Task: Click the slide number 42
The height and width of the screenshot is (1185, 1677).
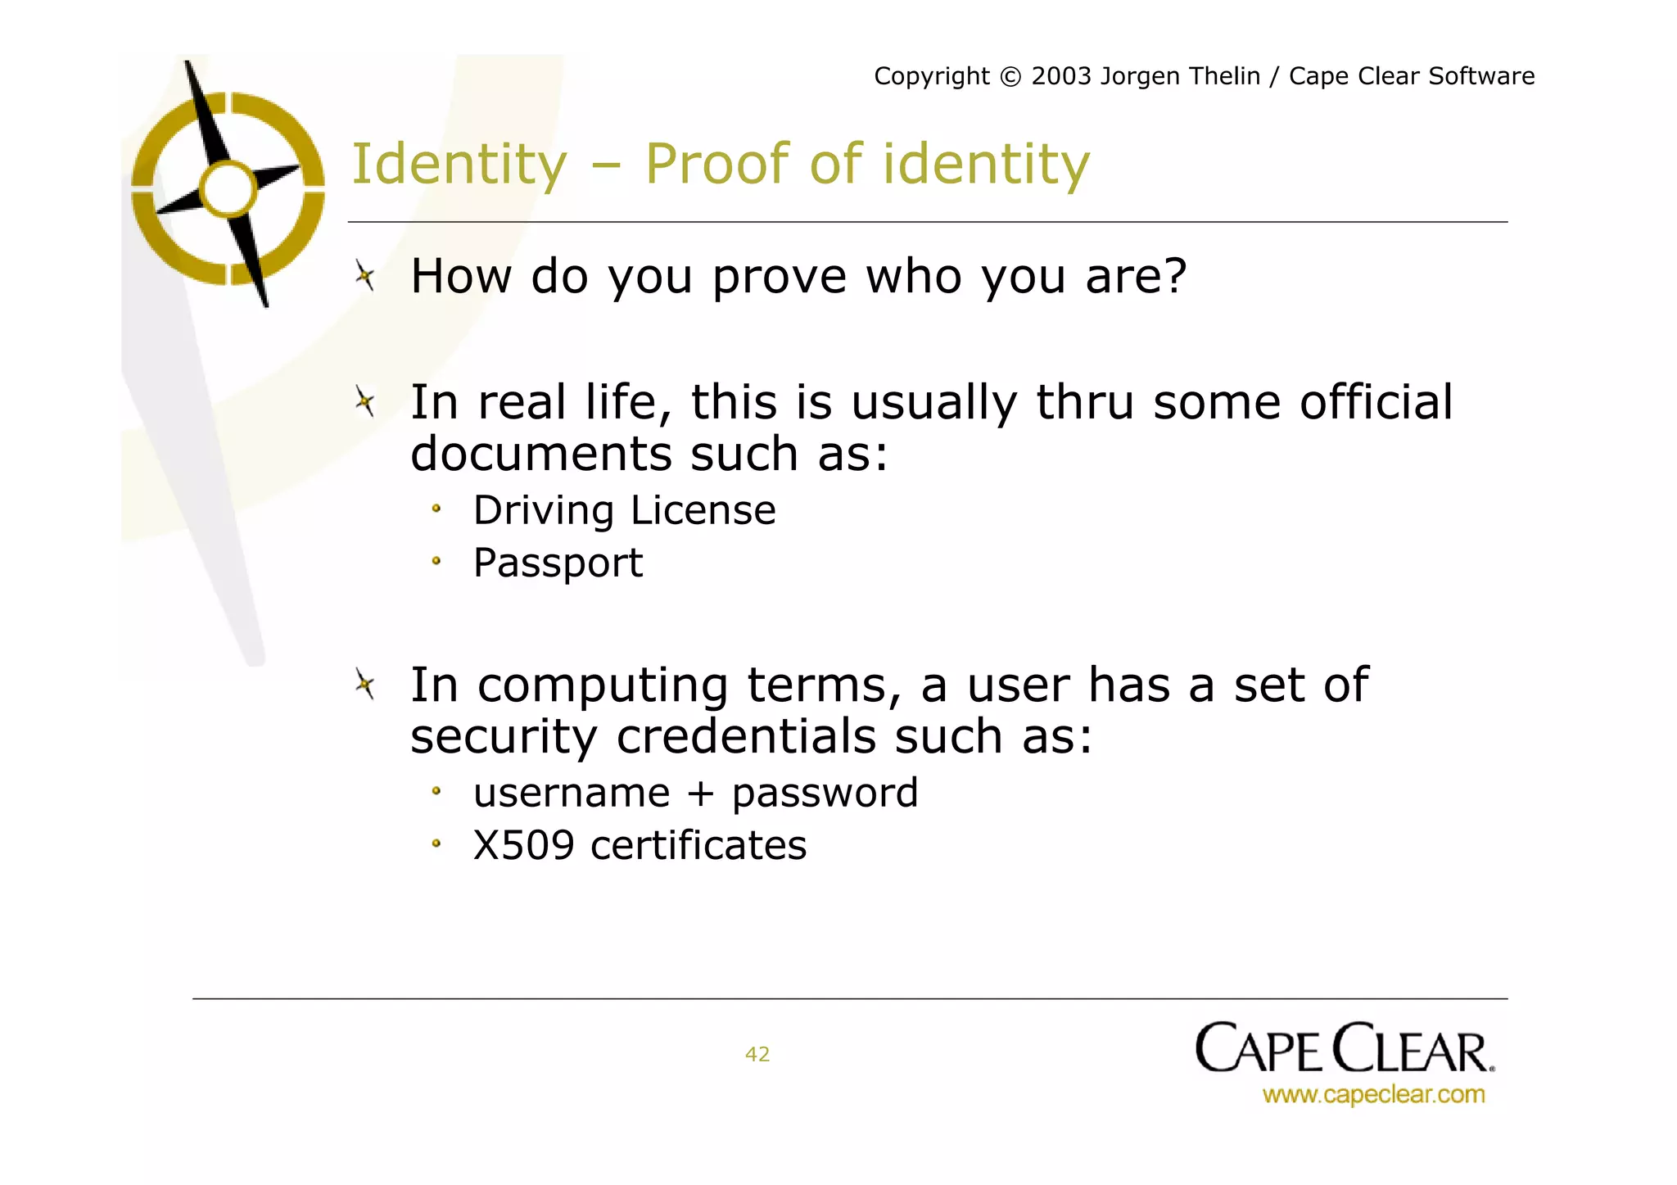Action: pyautogui.click(x=757, y=1054)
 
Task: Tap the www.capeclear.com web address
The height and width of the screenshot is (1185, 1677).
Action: pyautogui.click(x=1373, y=1094)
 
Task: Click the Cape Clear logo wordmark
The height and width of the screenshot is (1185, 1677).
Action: pyautogui.click(x=1344, y=1048)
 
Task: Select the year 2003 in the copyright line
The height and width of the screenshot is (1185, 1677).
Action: pyautogui.click(x=1061, y=76)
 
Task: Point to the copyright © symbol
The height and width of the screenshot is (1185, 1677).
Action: pyautogui.click(x=1010, y=77)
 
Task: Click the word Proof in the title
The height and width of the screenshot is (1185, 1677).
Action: pyautogui.click(x=717, y=164)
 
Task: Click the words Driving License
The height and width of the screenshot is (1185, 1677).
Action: pyautogui.click(x=624, y=511)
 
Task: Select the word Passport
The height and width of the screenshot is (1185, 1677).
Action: pyautogui.click(x=558, y=563)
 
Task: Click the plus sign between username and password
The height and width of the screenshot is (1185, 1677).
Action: pyautogui.click(x=700, y=794)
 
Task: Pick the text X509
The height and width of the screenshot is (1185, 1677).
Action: pyautogui.click(x=523, y=845)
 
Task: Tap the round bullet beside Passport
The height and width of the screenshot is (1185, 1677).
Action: pyautogui.click(x=436, y=562)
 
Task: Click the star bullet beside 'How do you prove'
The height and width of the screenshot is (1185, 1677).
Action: pyautogui.click(x=365, y=276)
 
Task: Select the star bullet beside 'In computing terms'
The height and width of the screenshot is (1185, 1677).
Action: pyautogui.click(x=365, y=684)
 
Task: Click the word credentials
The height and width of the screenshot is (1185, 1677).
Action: pyautogui.click(x=746, y=736)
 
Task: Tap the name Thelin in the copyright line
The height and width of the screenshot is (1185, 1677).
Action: pyautogui.click(x=1223, y=76)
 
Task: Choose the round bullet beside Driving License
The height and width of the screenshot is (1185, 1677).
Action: pyautogui.click(x=436, y=509)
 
